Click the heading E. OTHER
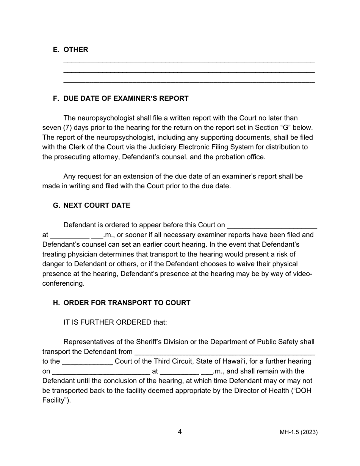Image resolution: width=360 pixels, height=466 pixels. [x=70, y=50]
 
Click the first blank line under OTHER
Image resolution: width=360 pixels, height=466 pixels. [x=189, y=62]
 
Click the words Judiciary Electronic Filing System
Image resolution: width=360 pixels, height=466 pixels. [x=173, y=147]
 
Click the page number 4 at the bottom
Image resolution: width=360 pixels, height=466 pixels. [x=180, y=432]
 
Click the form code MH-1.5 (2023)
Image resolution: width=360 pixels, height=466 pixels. [x=299, y=432]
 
